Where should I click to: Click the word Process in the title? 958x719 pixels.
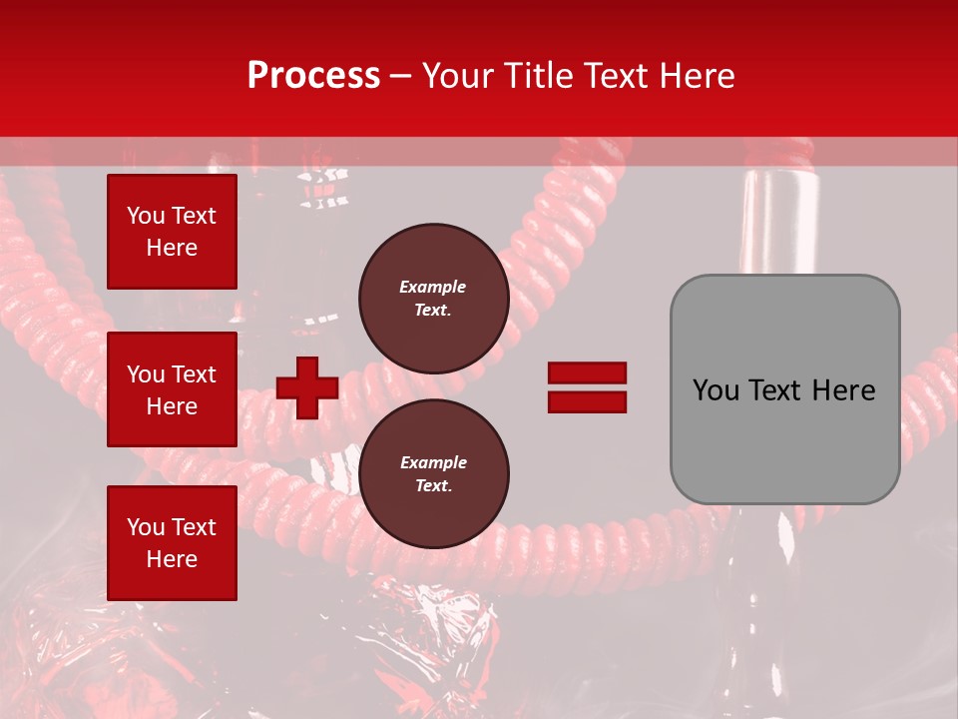313,75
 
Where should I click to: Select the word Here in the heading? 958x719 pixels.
696,76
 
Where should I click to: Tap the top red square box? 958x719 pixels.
172,232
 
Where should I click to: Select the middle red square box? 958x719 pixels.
172,389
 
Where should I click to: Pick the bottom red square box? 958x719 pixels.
172,542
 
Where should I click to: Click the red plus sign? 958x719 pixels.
307,387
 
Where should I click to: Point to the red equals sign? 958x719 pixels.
587,387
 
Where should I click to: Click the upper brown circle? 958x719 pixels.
433,299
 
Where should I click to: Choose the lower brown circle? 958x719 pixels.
433,474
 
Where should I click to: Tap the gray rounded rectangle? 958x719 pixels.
784,389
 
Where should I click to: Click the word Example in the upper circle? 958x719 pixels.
432,287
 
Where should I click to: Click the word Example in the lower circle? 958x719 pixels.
433,462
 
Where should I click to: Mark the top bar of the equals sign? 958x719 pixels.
587,372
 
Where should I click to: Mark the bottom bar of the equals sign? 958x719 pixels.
587,401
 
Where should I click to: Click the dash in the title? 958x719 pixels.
400,76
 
